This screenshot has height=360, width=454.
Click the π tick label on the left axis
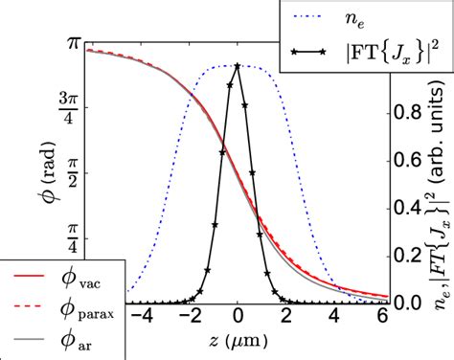(x=71, y=44)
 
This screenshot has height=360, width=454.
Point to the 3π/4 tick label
(x=71, y=107)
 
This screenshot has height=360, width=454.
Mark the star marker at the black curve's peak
(x=238, y=66)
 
